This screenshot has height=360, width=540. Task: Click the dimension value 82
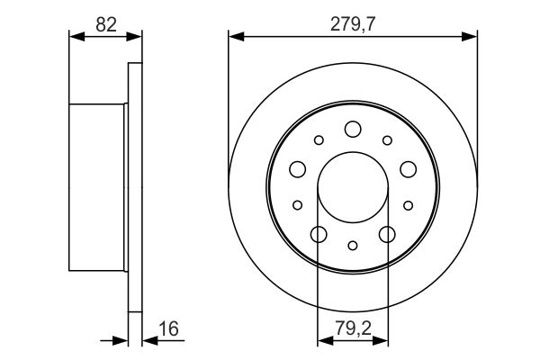click(x=106, y=25)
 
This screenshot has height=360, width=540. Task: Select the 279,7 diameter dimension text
click(x=352, y=24)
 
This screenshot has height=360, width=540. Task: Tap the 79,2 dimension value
click(x=353, y=328)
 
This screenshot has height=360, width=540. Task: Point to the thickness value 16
click(x=169, y=328)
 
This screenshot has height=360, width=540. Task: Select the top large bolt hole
click(x=353, y=130)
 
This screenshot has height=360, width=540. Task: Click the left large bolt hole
click(x=298, y=169)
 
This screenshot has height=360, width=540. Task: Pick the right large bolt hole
click(x=408, y=169)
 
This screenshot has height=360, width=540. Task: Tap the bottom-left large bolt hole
click(x=319, y=234)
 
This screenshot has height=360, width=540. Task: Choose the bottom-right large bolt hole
click(x=387, y=234)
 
